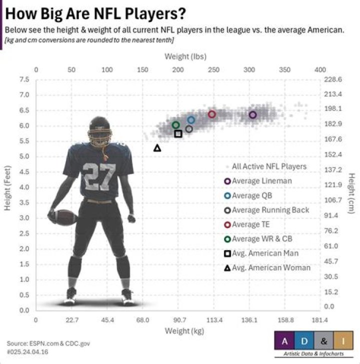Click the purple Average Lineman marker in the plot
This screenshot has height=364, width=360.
click(252, 115)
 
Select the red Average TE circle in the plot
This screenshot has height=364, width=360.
click(212, 114)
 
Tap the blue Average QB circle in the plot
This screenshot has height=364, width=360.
click(191, 120)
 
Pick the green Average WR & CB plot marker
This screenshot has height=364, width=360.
click(175, 125)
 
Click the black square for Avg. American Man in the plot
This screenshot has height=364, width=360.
click(178, 133)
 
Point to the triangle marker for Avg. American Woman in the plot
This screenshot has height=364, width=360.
click(157, 148)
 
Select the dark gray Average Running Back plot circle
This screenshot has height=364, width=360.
click(189, 129)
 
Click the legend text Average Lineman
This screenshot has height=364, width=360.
click(261, 181)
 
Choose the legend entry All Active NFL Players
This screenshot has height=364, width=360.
click(269, 166)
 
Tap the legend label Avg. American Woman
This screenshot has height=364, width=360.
click(271, 267)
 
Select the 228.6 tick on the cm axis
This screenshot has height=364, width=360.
click(333, 79)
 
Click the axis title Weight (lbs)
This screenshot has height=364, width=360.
click(185, 57)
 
